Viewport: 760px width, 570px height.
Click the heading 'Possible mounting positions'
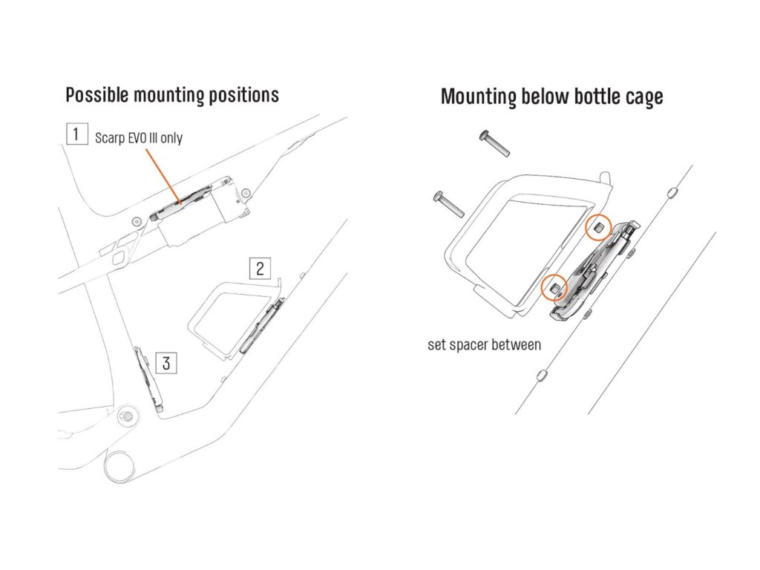click(172, 95)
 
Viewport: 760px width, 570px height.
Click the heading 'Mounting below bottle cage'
click(551, 97)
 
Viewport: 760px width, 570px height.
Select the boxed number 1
click(75, 135)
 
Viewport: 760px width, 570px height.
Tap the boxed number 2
click(260, 268)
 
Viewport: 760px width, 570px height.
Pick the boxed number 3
click(166, 363)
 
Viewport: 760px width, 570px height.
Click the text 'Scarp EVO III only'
click(139, 138)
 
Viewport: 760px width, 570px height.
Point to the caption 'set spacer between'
click(484, 344)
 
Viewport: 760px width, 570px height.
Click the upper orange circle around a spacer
click(598, 227)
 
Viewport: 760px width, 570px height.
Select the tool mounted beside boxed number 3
click(147, 377)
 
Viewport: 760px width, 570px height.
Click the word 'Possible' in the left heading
click(94, 95)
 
